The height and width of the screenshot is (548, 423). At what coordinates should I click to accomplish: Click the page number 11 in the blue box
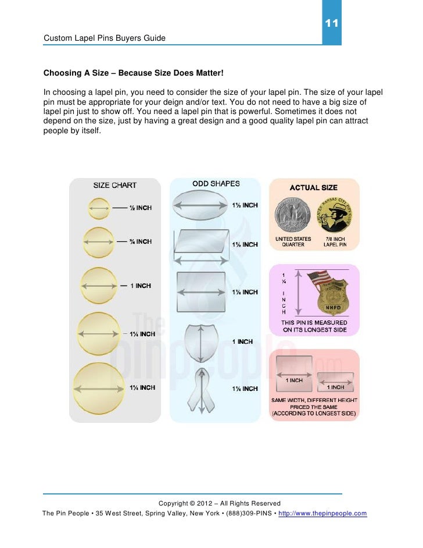tap(331, 24)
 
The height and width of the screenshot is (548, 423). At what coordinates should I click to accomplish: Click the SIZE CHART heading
tap(115, 186)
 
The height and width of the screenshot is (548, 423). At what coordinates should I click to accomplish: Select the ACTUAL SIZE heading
tap(313, 187)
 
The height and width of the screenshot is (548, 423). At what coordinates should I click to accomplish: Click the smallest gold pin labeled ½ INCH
tap(98, 208)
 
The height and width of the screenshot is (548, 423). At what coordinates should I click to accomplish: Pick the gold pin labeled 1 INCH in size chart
tap(98, 286)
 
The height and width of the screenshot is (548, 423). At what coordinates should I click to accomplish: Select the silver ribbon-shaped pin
tap(200, 389)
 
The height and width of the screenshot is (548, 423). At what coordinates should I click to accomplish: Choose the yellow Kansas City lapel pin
tap(335, 215)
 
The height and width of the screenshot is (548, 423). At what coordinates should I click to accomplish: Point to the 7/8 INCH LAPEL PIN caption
tap(335, 241)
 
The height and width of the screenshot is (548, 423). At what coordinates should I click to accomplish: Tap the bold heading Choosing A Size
tap(133, 74)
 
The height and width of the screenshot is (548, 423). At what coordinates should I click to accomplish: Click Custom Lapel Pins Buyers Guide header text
tap(105, 38)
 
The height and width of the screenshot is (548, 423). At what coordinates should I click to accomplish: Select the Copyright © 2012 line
tap(219, 503)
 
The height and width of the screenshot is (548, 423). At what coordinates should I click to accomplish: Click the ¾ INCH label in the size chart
tap(140, 241)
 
